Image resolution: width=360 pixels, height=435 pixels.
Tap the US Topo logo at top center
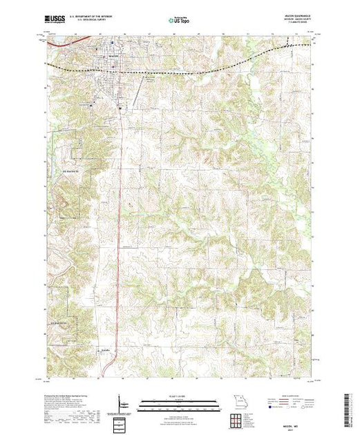180,19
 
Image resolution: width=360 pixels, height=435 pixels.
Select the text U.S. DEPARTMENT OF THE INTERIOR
96,16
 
